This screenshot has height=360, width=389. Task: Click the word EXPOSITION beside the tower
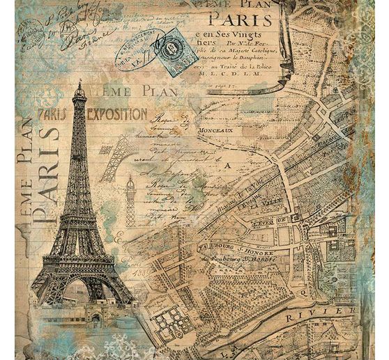pos(117,114)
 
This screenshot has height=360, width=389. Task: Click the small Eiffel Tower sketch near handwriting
pos(130,201)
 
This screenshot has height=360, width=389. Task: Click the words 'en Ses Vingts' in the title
pos(237,36)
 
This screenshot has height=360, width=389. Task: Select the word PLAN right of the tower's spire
pos(160,91)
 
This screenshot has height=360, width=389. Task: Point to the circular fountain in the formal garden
pos(167,321)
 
